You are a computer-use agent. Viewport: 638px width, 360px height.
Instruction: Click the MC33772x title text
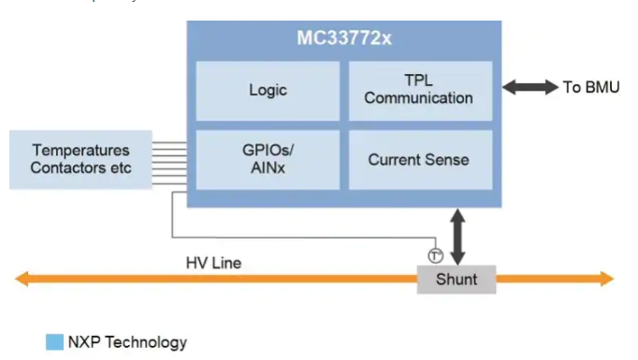pos(344,38)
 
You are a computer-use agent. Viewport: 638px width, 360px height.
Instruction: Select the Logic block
pos(268,91)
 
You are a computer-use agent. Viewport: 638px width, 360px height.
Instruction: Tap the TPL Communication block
pos(420,91)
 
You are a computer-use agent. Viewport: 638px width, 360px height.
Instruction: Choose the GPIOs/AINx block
pos(268,160)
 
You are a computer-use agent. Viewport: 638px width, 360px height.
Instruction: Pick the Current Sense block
pos(420,160)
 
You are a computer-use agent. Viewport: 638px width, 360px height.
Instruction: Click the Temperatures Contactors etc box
pos(80,160)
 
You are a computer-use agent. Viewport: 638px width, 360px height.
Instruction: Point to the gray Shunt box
pos(457,280)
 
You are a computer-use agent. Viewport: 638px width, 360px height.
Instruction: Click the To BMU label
pos(591,87)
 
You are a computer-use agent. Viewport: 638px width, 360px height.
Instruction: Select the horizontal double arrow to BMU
pos(530,87)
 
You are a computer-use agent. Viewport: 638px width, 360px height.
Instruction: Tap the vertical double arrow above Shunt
pos(457,237)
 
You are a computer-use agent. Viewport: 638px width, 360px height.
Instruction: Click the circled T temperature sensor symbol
pos(435,256)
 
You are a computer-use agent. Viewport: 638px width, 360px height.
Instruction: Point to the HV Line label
pos(213,263)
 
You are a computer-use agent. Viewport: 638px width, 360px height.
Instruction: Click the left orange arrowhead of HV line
pos(22,279)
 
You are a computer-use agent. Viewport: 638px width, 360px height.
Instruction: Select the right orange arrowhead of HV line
pos(607,279)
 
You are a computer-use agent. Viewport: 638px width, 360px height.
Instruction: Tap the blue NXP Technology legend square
pos(54,342)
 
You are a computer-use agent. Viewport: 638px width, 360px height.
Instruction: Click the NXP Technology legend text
pos(127,342)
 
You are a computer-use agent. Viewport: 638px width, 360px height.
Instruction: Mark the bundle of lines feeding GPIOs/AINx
pos(169,163)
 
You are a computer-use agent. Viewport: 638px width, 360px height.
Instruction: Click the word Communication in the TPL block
pos(418,98)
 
